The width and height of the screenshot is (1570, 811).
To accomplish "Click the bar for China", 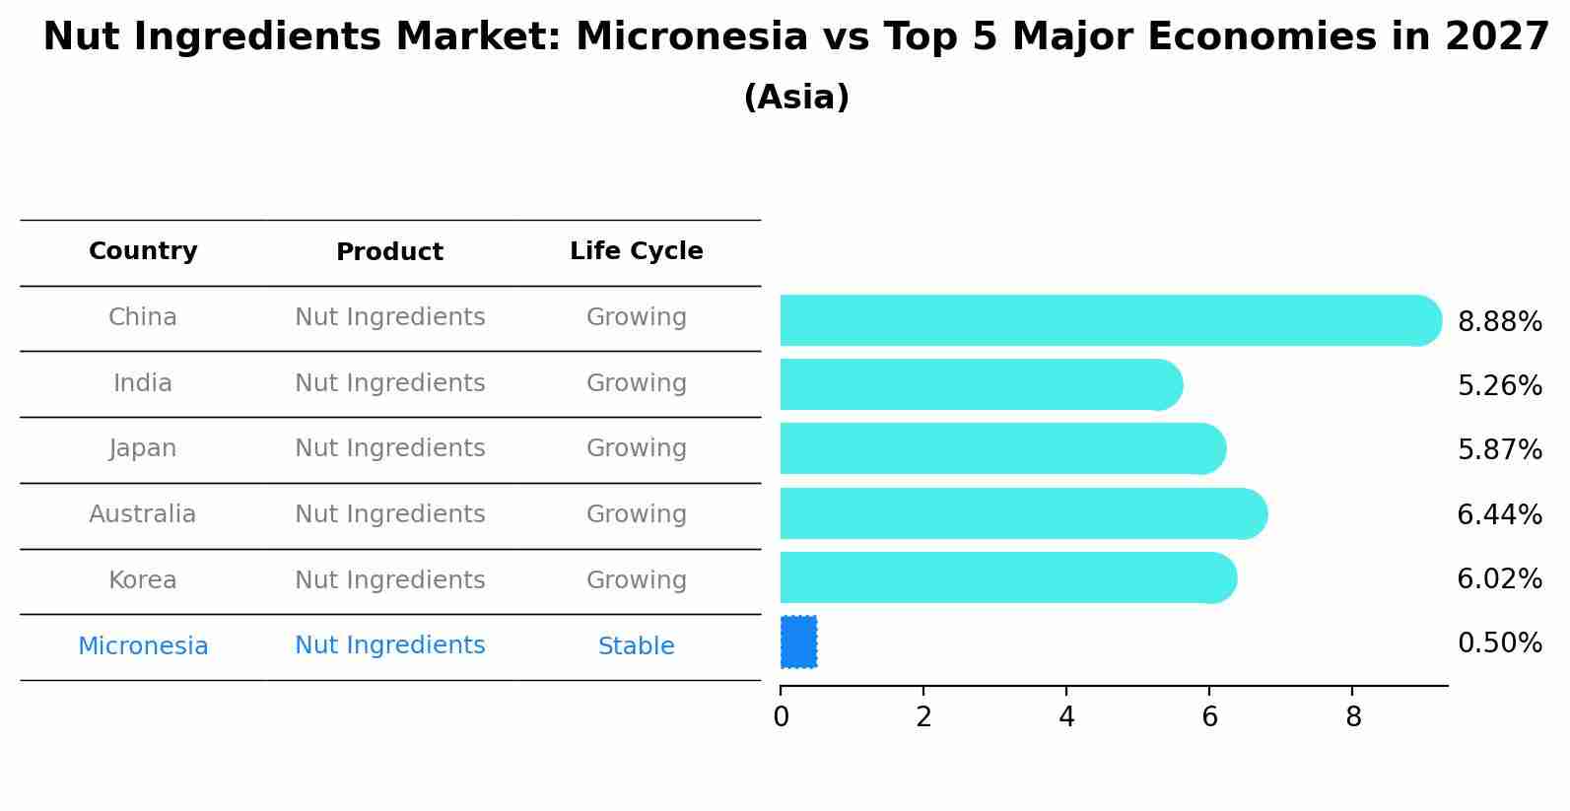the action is tap(1111, 320).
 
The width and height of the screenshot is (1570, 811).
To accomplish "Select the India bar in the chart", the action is tap(982, 384).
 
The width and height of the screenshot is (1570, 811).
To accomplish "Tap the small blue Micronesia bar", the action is tap(798, 642).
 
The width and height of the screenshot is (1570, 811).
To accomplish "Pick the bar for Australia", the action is tap(1024, 513).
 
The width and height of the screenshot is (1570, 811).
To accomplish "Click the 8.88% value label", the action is tap(1499, 321).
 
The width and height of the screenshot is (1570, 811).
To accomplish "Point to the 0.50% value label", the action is tap(1499, 642).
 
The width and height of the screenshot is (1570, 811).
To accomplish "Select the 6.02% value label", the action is tap(1499, 579).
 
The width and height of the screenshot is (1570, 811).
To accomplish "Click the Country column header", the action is tap(143, 251).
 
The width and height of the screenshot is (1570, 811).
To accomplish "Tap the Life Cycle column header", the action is tap(637, 251).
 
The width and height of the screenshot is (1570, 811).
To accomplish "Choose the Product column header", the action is tap(389, 251).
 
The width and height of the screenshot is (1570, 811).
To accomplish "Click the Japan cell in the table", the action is tap(143, 448).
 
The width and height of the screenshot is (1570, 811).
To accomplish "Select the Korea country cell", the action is tap(143, 579).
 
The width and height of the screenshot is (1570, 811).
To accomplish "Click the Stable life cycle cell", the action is tap(637, 645).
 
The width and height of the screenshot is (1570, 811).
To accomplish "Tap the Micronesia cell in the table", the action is tap(143, 645).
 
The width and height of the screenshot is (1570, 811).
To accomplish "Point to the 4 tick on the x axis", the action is tap(1066, 716).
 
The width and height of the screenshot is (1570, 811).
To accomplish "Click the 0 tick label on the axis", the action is tap(781, 716).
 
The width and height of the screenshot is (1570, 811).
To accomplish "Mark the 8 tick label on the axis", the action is tap(1353, 716).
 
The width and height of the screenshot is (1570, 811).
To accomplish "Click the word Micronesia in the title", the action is tap(692, 36).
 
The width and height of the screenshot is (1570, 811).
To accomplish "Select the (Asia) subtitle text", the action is tap(796, 97).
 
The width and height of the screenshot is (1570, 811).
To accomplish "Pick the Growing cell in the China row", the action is tap(637, 317).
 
